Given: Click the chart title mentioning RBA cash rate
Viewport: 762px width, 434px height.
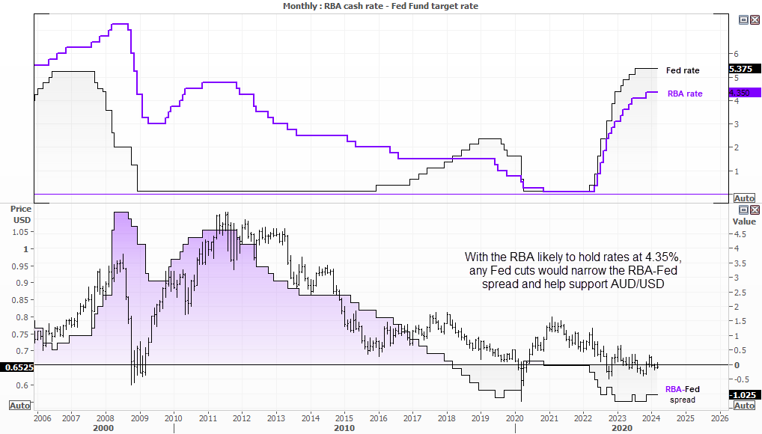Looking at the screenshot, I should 381,6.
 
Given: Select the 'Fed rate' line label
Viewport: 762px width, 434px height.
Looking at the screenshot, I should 682,70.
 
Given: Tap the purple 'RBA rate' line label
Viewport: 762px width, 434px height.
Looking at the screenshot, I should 684,94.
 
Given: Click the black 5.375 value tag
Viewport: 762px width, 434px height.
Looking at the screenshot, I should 743,69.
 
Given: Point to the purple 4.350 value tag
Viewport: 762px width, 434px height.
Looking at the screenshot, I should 743,92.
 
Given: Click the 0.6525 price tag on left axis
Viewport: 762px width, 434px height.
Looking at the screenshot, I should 16,368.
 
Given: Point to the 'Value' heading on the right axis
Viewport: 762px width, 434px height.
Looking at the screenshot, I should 743,221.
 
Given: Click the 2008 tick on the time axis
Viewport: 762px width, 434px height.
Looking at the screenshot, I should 105,418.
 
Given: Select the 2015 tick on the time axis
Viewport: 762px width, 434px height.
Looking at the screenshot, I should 344,418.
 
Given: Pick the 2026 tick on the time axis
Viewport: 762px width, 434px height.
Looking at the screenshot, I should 719,418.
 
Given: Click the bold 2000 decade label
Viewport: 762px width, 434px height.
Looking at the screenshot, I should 103,429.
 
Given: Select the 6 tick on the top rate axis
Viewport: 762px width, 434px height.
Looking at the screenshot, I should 736,55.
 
